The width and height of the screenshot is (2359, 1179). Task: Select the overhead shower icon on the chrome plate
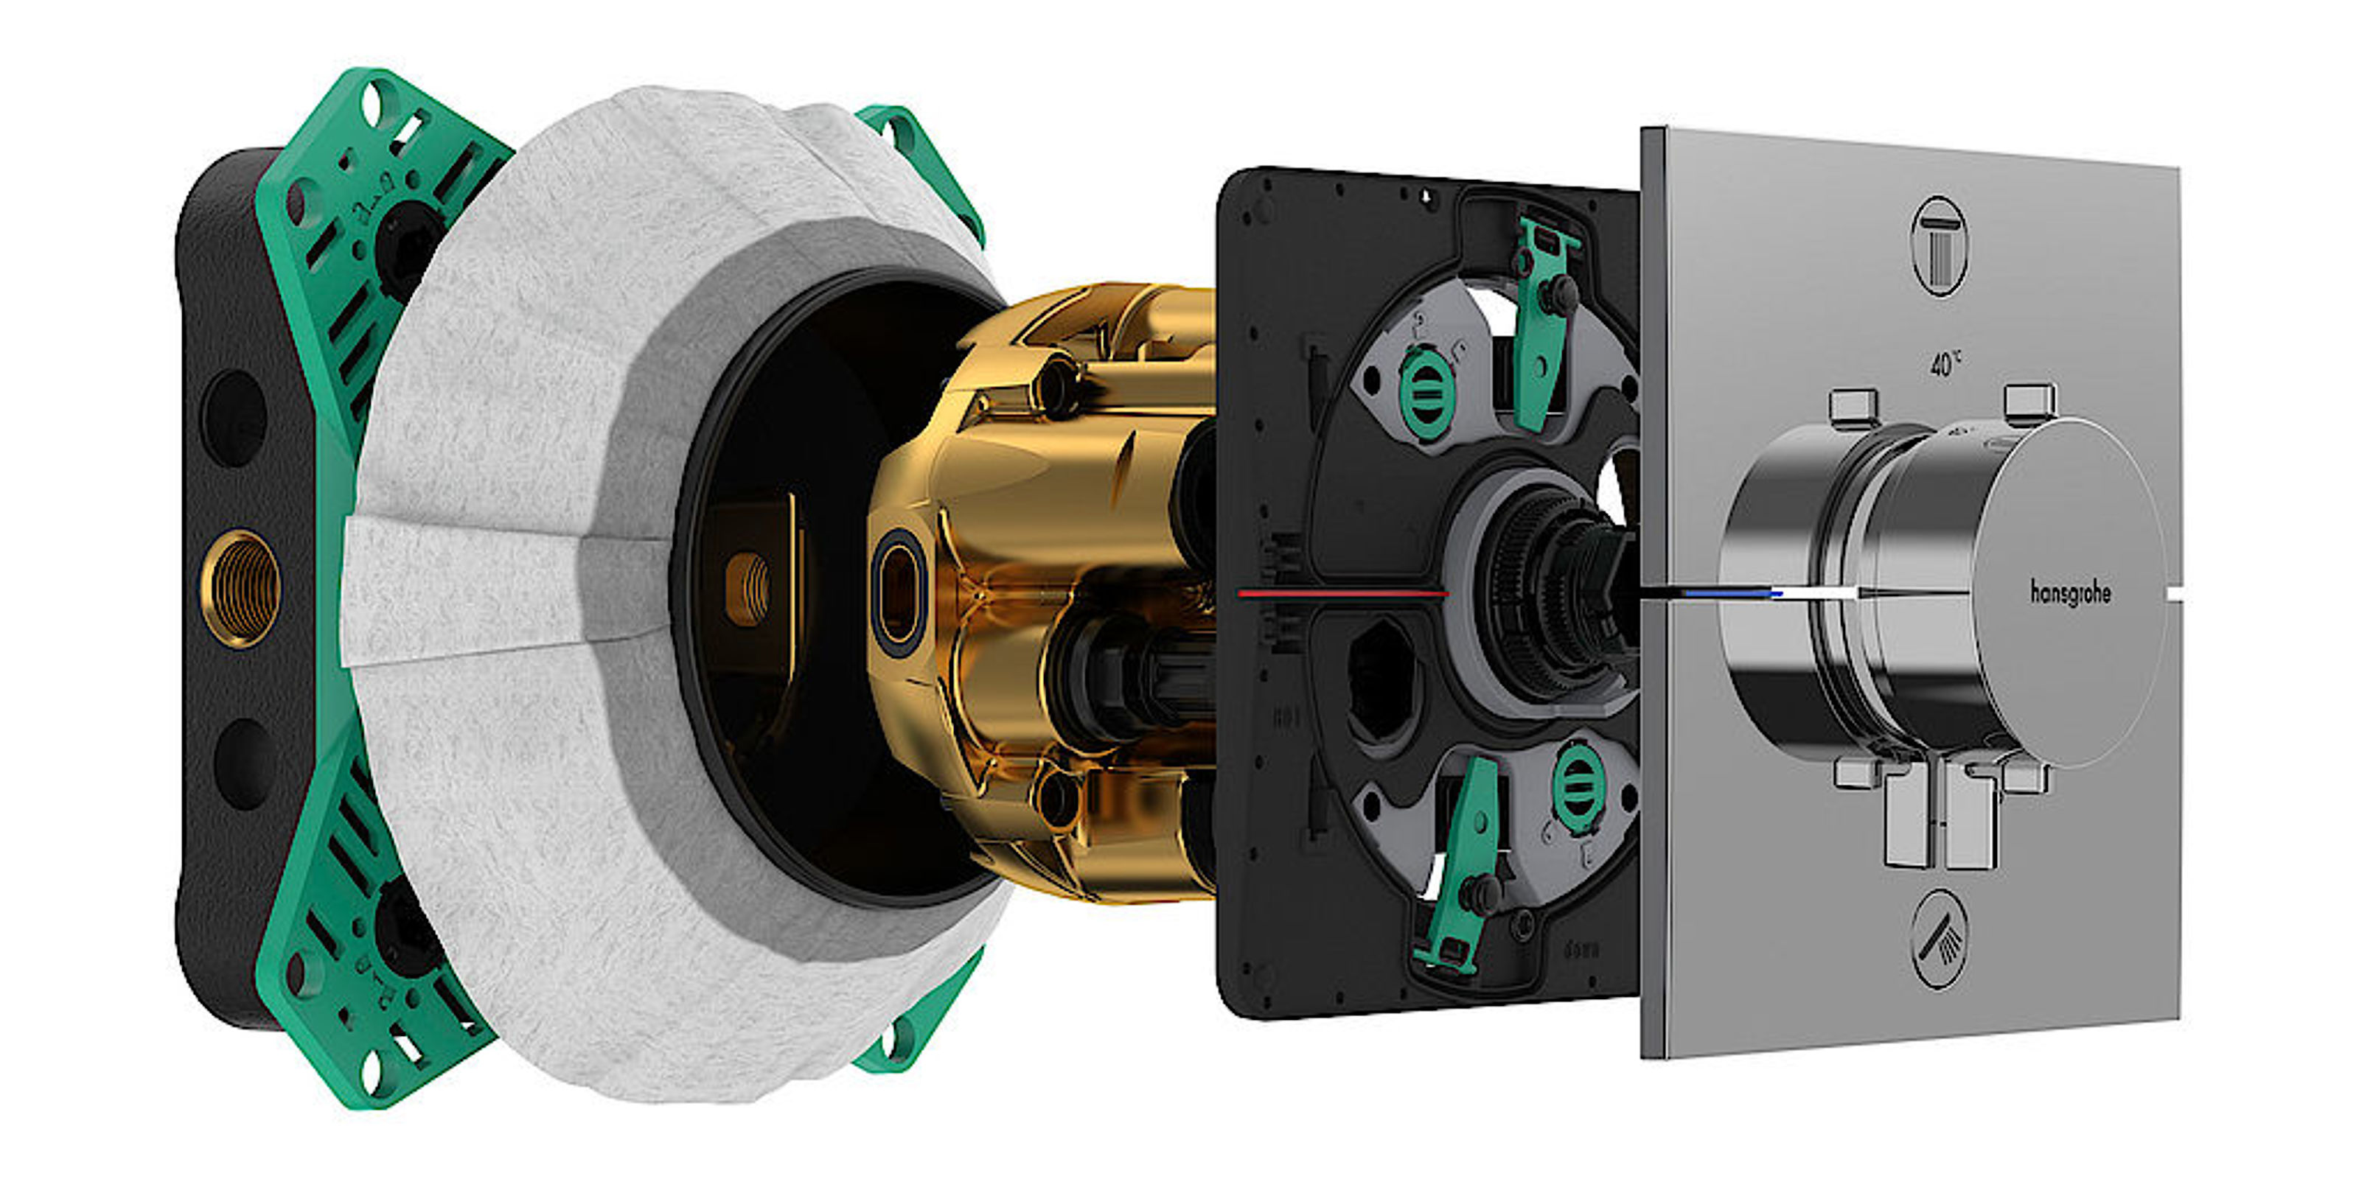pyautogui.click(x=1940, y=245)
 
